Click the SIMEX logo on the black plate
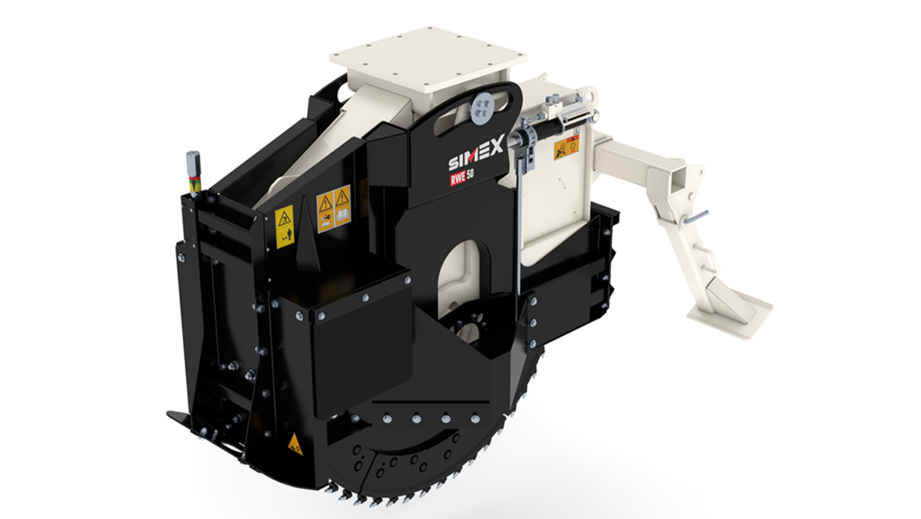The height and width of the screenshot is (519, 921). (476, 153)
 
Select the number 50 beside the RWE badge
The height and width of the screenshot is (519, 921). (471, 174)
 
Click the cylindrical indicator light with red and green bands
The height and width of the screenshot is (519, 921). (193, 172)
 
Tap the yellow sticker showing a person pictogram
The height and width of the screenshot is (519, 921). (284, 226)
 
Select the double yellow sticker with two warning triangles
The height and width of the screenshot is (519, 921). (333, 209)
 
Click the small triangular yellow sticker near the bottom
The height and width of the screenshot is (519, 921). (295, 444)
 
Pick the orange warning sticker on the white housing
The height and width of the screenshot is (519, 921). (567, 147)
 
